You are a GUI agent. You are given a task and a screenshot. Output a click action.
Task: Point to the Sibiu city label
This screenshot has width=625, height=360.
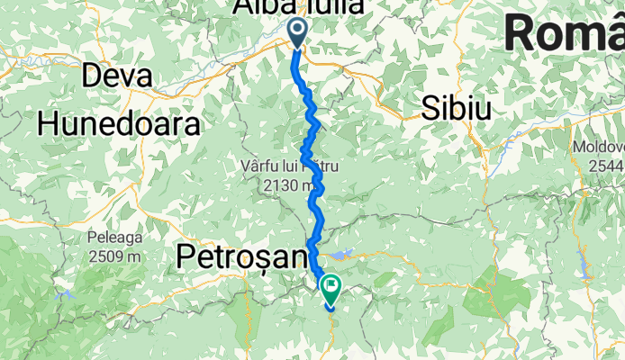457,109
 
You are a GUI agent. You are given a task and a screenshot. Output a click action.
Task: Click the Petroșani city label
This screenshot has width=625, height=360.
241,257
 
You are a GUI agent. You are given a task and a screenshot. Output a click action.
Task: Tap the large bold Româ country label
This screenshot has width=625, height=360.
564,34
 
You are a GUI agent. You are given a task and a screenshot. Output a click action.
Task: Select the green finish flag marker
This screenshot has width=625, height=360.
331,289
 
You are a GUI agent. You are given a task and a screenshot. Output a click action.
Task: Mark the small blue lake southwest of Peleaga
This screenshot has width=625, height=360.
63,293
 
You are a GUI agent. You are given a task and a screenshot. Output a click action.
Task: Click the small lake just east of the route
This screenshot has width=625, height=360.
348,255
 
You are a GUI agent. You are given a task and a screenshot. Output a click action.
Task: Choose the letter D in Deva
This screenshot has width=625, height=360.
92,76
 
